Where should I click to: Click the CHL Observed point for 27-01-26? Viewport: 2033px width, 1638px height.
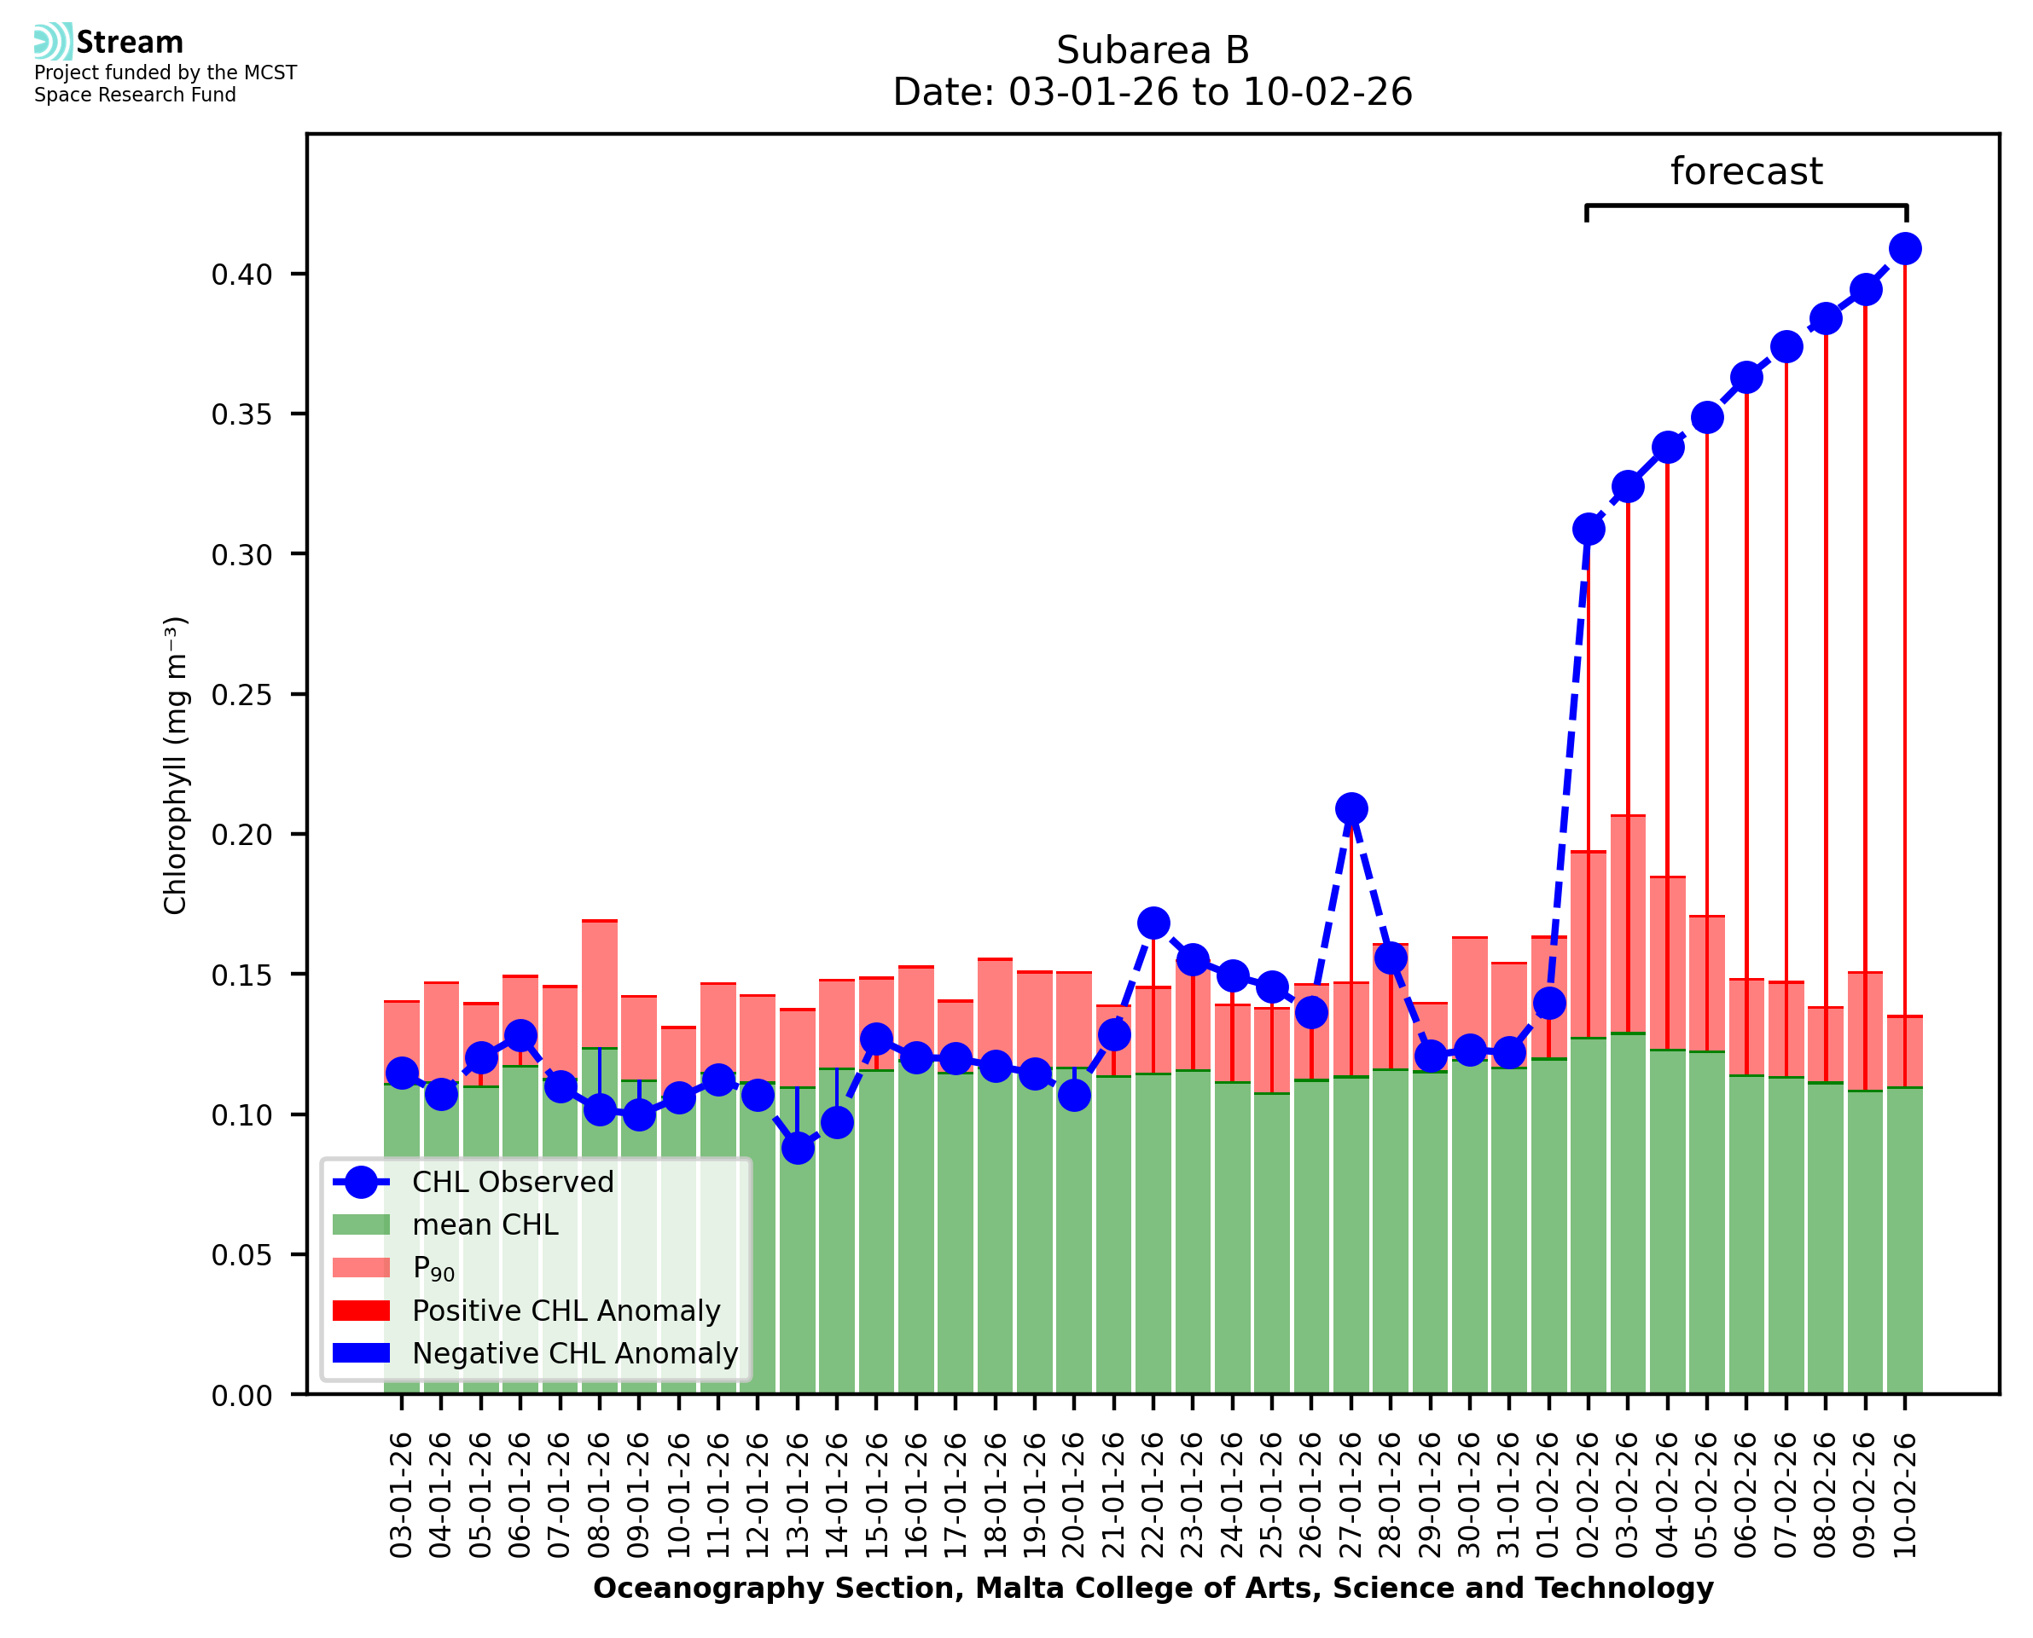[x=1350, y=808]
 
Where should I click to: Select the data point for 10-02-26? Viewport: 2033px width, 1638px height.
[x=1905, y=249]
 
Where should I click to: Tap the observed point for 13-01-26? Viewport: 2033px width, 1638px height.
[x=798, y=1148]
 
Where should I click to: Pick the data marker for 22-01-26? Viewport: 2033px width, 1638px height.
[x=1153, y=923]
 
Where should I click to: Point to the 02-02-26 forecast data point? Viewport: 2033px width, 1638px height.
[x=1589, y=530]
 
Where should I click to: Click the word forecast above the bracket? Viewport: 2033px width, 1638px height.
[x=1746, y=171]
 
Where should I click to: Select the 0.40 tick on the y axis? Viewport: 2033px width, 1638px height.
[x=241, y=275]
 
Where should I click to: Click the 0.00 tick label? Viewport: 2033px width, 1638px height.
[x=241, y=1396]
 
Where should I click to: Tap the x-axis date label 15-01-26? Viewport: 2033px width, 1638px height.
[x=877, y=1495]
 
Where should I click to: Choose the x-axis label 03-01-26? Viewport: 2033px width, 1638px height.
[x=402, y=1495]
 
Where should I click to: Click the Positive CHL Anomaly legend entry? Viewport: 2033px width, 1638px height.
[x=566, y=1311]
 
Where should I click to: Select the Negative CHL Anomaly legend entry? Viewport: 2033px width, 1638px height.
[x=574, y=1353]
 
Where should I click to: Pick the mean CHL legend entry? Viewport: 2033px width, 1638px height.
[x=485, y=1224]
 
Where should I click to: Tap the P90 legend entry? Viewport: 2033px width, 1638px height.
[x=433, y=1268]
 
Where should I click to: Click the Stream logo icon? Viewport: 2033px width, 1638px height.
[x=53, y=42]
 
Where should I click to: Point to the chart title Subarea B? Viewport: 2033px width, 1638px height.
[x=1153, y=50]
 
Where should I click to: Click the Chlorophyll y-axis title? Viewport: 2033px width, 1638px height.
[x=176, y=765]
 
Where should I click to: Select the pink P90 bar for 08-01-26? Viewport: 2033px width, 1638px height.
[x=601, y=983]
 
